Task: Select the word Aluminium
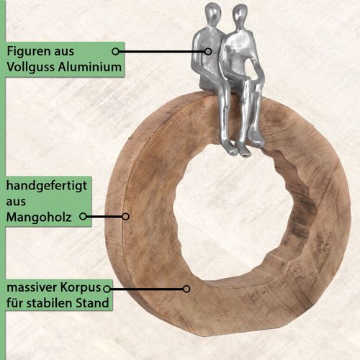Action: coord(90,66)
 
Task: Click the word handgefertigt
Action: coord(47,186)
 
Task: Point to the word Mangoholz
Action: coord(39,217)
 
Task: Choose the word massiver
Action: coord(32,287)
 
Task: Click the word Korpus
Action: coord(81,288)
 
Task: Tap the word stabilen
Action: coord(47,303)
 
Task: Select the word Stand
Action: coord(89,303)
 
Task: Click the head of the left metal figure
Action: coord(212,13)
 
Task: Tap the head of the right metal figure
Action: coord(240,14)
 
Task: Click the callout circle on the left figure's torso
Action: coord(208,51)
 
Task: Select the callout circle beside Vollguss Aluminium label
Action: coord(115,51)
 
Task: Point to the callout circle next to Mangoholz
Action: coord(83,217)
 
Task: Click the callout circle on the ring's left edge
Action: coord(125,217)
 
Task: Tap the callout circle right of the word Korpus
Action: coord(107,289)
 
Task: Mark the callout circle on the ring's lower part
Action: coord(186,289)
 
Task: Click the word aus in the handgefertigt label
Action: coord(16,202)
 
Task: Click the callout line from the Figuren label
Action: coord(162,51)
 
